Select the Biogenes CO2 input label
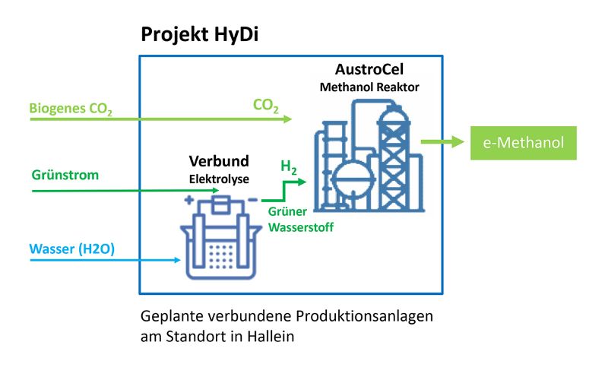71,109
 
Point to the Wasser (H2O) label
72,249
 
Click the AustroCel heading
369,70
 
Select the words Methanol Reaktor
369,87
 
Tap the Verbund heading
219,163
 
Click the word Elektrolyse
219,179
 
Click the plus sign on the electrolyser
187,202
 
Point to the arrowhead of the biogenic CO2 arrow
287,119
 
